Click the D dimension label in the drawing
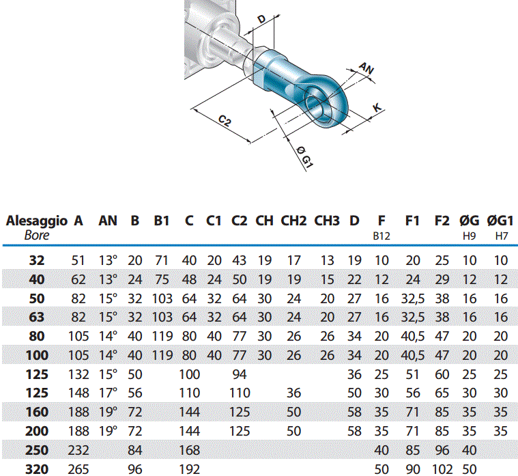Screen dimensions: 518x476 click(261, 19)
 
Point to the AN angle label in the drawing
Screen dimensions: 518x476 click(366, 68)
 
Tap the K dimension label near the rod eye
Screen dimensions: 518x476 click(377, 107)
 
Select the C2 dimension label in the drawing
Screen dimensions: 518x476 click(225, 120)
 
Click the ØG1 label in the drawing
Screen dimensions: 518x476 click(304, 157)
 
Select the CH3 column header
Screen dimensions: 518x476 click(327, 221)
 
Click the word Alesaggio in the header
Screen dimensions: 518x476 click(37, 221)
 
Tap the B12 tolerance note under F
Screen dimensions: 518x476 click(382, 236)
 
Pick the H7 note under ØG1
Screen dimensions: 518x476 click(501, 236)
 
